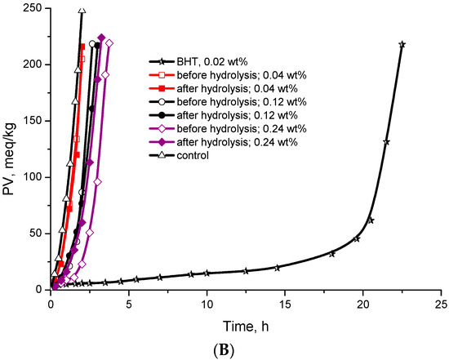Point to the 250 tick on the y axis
33,8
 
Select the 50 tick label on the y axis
36,233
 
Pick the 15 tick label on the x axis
284,303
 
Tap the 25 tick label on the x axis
440,303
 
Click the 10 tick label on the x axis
207,303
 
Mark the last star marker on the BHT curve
402,44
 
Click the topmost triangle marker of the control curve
82,11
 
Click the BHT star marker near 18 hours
331,254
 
